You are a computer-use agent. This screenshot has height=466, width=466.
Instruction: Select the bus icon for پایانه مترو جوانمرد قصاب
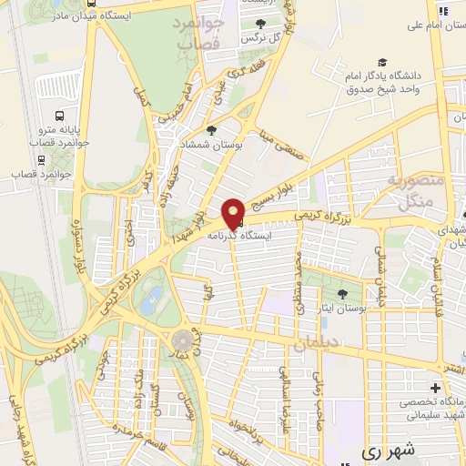(x=59, y=116)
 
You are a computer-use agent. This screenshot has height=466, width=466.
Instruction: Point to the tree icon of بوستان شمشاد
(x=212, y=130)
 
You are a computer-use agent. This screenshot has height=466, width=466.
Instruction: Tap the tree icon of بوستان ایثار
(x=342, y=293)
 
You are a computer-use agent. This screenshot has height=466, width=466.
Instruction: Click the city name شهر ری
(x=387, y=450)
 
